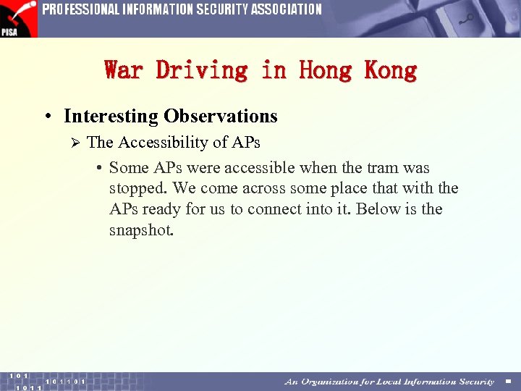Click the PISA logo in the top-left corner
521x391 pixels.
[18, 18]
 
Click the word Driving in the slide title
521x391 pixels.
[202, 70]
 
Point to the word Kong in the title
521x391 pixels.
[391, 70]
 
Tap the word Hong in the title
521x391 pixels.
[325, 70]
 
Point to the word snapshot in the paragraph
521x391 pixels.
[141, 230]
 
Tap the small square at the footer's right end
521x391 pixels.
[508, 382]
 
